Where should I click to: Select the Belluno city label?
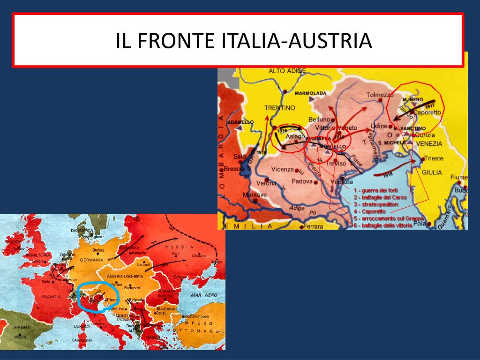[320, 119]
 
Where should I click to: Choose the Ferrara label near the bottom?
[314, 226]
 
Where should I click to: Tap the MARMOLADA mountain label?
[310, 93]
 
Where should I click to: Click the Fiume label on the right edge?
[459, 177]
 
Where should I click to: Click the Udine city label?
[379, 126]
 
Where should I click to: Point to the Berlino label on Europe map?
[98, 250]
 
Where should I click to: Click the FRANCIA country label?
[51, 297]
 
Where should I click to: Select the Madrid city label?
[20, 337]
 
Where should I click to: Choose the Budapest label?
[126, 288]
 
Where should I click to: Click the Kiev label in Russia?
[176, 253]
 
